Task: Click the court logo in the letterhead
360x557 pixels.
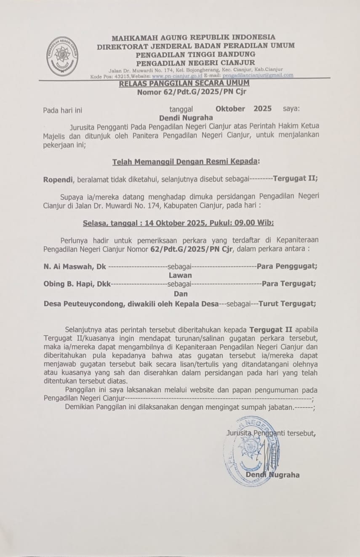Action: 62,56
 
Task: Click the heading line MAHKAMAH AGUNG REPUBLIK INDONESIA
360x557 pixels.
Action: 193,37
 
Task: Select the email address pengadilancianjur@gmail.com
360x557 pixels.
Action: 258,75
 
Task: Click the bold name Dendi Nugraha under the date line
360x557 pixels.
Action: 186,118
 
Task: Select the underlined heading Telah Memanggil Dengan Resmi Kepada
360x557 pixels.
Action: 186,162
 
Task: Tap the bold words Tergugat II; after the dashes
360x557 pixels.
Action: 295,178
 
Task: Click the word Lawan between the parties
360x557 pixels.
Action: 180,275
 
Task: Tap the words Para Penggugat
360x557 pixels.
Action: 287,266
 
